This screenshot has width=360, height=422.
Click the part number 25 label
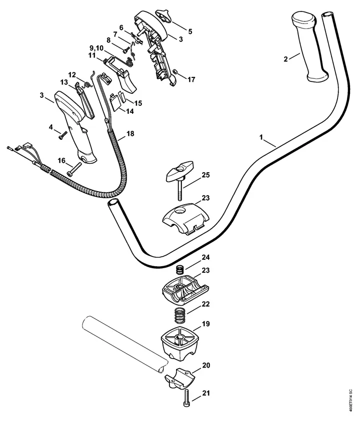[205, 175]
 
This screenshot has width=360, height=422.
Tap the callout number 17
[191, 79]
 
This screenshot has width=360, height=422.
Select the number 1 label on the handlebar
[261, 137]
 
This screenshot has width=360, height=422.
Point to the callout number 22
[205, 304]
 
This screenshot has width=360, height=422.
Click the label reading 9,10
[96, 48]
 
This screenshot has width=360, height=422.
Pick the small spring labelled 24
[179, 269]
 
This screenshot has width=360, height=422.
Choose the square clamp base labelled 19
[179, 343]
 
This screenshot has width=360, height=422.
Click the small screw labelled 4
[62, 135]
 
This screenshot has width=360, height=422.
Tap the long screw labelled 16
[73, 170]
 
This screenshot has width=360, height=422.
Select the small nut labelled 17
[174, 71]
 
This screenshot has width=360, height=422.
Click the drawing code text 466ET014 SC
[350, 399]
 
